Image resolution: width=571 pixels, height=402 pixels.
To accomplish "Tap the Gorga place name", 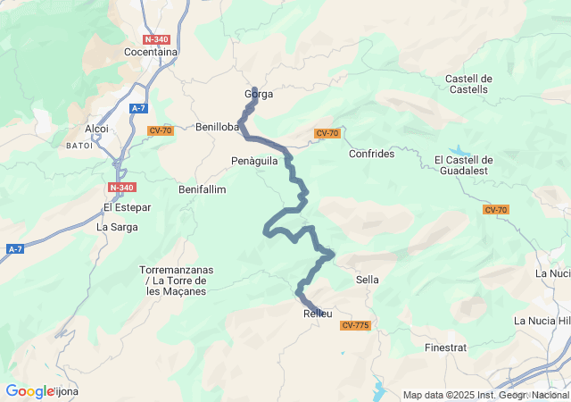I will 259,94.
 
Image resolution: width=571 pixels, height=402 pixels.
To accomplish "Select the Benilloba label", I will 218,127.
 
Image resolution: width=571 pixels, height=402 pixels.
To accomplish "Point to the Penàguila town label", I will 254,161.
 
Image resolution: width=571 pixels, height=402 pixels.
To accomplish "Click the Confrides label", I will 371,154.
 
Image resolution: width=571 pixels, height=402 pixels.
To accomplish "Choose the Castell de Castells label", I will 468,84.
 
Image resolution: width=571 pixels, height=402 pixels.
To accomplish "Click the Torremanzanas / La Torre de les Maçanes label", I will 173,281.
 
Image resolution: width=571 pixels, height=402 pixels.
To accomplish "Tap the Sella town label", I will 367,280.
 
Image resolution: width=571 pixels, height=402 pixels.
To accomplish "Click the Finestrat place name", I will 446,347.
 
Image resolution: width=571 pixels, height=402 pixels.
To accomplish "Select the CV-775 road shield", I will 354,325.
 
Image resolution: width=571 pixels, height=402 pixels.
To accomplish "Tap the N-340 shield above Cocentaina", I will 156,39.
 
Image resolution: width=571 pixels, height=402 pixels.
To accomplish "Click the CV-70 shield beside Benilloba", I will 161,130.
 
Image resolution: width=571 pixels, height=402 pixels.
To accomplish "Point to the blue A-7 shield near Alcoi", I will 137,108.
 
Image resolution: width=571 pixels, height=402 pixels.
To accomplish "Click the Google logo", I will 29,391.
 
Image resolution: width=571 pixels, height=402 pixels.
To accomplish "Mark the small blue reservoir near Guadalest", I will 458,150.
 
